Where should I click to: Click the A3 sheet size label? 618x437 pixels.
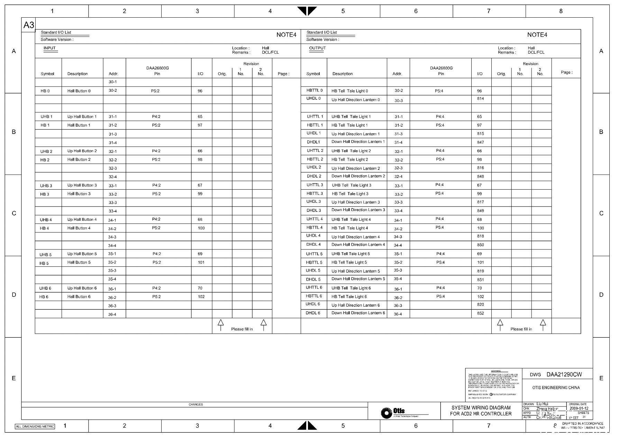click(29, 25)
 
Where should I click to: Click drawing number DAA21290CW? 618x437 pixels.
click(564, 374)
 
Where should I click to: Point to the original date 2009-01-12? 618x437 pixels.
click(579, 408)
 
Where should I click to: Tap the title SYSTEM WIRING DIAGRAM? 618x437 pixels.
click(481, 408)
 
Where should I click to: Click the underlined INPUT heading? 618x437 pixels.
click(49, 48)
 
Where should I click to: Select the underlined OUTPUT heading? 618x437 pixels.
click(317, 48)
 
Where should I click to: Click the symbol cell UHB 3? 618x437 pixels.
click(46, 186)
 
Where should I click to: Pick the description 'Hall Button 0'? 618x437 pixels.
click(79, 91)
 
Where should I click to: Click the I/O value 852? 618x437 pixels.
click(480, 313)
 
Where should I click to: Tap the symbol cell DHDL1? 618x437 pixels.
click(313, 142)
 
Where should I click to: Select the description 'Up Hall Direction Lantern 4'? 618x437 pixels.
click(355, 237)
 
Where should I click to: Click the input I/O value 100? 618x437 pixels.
click(201, 228)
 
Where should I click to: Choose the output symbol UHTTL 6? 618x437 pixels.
click(314, 288)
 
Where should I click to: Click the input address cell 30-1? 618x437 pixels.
click(113, 82)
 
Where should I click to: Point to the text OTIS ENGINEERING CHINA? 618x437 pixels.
click(556, 388)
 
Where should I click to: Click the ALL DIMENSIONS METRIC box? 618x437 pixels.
click(35, 426)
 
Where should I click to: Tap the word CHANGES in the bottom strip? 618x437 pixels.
click(196, 404)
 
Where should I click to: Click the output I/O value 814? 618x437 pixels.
click(480, 99)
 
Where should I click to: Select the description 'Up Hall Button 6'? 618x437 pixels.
click(82, 288)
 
